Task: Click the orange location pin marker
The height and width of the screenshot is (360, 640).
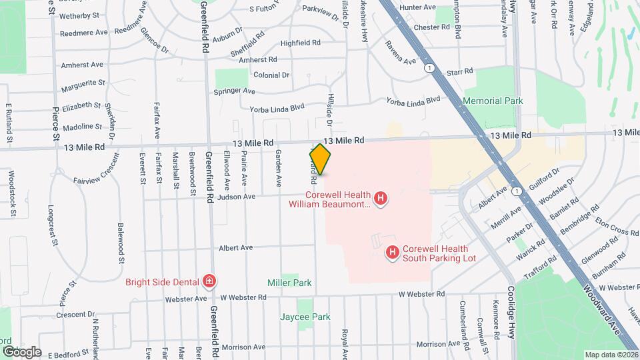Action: (x=320, y=159)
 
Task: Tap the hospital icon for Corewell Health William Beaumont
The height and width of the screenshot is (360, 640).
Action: (x=380, y=198)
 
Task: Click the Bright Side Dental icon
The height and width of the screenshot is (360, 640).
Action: (x=209, y=281)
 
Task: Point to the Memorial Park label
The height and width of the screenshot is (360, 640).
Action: (x=493, y=101)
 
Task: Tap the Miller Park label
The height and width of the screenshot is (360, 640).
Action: (x=289, y=283)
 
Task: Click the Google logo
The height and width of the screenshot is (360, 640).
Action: (x=21, y=351)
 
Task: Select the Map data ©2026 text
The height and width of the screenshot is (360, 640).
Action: (x=611, y=355)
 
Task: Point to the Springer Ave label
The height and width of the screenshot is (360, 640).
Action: (x=234, y=91)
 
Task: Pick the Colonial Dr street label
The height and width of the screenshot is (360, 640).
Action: (x=271, y=75)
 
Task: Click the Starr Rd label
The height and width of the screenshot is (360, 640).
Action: (x=459, y=71)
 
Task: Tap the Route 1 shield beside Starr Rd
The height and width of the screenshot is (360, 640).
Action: (x=432, y=68)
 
